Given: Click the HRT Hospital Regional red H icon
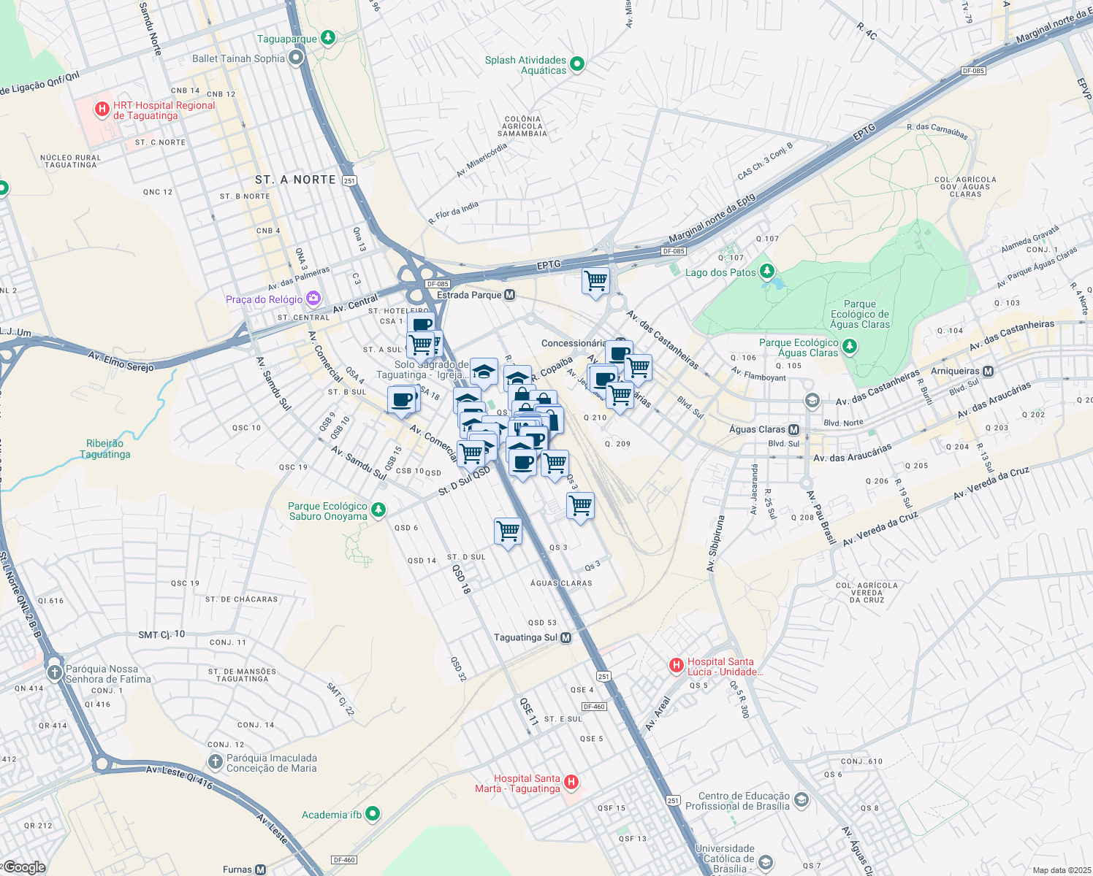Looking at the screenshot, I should coord(102,110).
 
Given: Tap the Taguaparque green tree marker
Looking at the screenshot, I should coord(328,38).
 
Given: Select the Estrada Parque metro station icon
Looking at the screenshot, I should coord(510,295).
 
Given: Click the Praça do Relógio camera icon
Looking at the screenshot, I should coord(313,299).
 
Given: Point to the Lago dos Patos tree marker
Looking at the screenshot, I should coord(766,272).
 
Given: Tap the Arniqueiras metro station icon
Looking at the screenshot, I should coord(988,371).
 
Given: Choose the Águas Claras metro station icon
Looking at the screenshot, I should coord(793,429).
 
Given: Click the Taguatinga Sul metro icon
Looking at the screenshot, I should coord(565,637).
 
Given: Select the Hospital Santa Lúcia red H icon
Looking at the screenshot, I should coord(677,666).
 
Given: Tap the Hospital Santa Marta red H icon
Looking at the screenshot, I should coord(571,783).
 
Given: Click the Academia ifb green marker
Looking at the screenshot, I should coord(373,813).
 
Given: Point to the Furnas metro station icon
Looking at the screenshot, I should coord(261,869).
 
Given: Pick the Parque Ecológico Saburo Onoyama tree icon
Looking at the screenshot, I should coord(378,510).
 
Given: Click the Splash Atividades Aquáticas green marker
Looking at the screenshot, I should coord(577,64).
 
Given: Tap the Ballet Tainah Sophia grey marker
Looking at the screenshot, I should coord(296,58).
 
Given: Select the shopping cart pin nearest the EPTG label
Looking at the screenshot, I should coord(595,281).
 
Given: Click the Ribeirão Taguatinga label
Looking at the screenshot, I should coord(105,448).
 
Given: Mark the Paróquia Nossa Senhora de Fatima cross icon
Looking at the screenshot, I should coord(54,672).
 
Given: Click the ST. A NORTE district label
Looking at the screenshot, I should coord(295,180).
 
